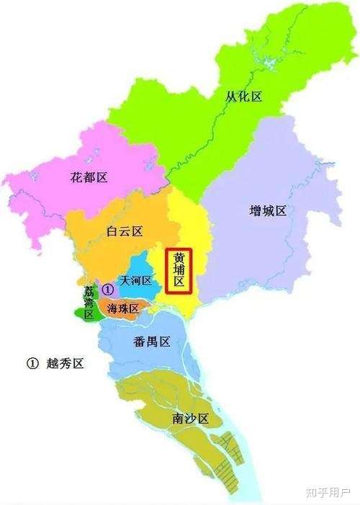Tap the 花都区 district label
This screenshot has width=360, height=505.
point(90,177)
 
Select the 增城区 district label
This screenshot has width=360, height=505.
point(268,210)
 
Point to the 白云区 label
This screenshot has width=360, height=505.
point(125,231)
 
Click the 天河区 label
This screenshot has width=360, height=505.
point(136,281)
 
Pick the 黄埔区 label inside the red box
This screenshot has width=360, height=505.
point(179,271)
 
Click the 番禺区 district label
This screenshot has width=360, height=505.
point(152,341)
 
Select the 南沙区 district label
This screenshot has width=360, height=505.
point(190,418)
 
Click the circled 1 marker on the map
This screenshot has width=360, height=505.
point(108,289)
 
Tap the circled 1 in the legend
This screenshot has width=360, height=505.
point(32,364)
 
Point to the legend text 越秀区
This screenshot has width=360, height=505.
point(66,364)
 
